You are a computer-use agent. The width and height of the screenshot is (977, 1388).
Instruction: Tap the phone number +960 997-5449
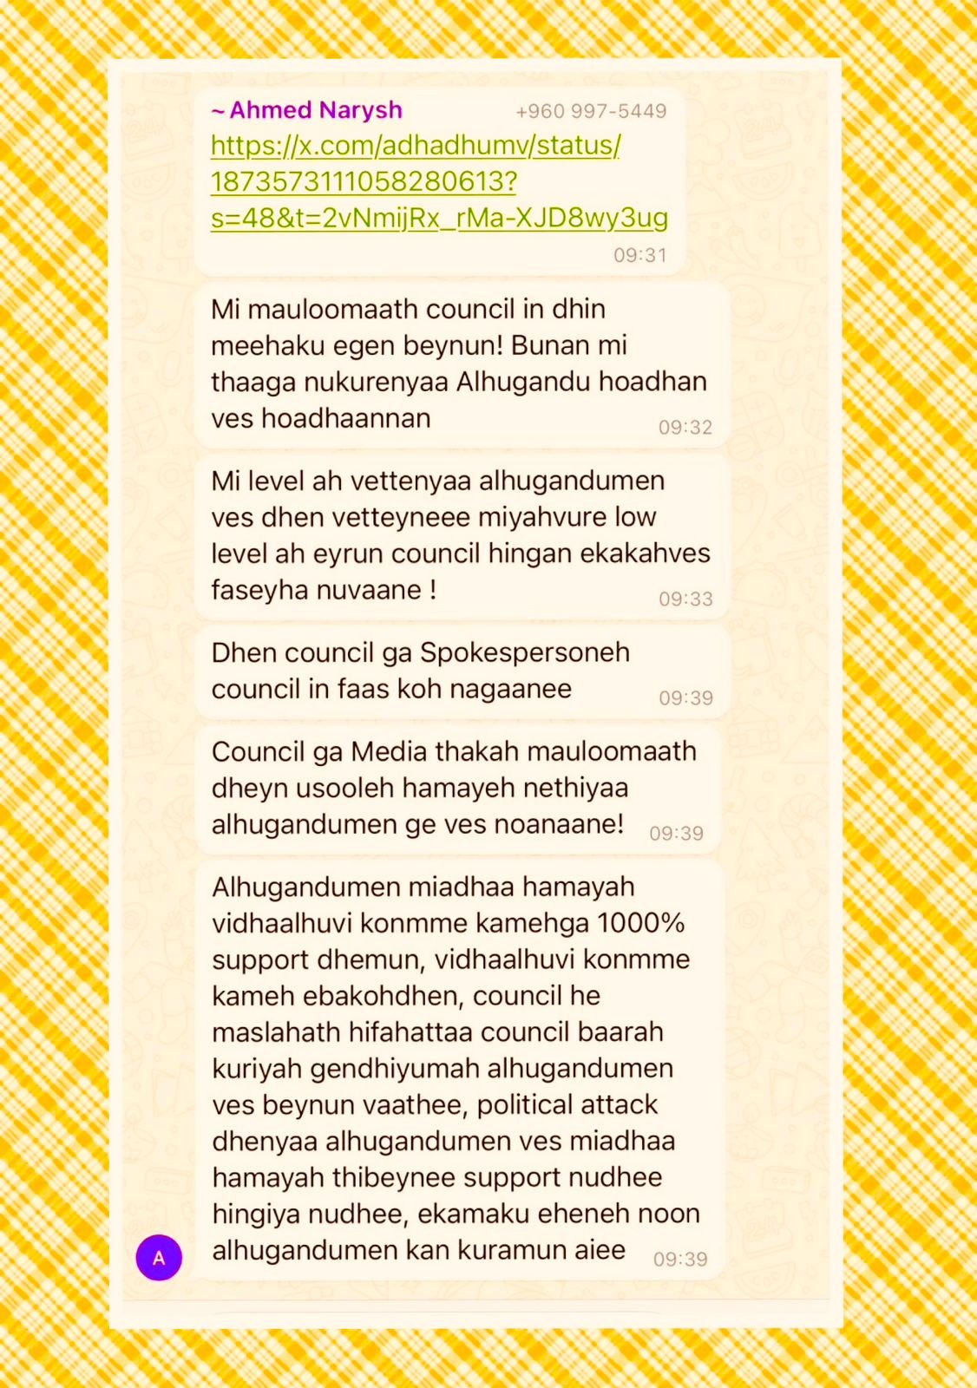[x=591, y=111]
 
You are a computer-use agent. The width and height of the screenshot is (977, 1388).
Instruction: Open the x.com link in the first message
[x=416, y=181]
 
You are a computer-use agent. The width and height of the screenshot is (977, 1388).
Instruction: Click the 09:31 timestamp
[x=640, y=255]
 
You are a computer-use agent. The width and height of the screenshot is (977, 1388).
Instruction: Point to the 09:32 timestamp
[x=685, y=427]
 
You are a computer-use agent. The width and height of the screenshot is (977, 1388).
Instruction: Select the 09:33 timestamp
[x=685, y=599]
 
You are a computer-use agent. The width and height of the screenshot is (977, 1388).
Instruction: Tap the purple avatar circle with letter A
[x=159, y=1257]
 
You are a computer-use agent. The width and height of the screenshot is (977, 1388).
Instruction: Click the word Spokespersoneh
[x=525, y=652]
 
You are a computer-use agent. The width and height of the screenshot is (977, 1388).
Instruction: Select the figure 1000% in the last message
[x=641, y=923]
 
